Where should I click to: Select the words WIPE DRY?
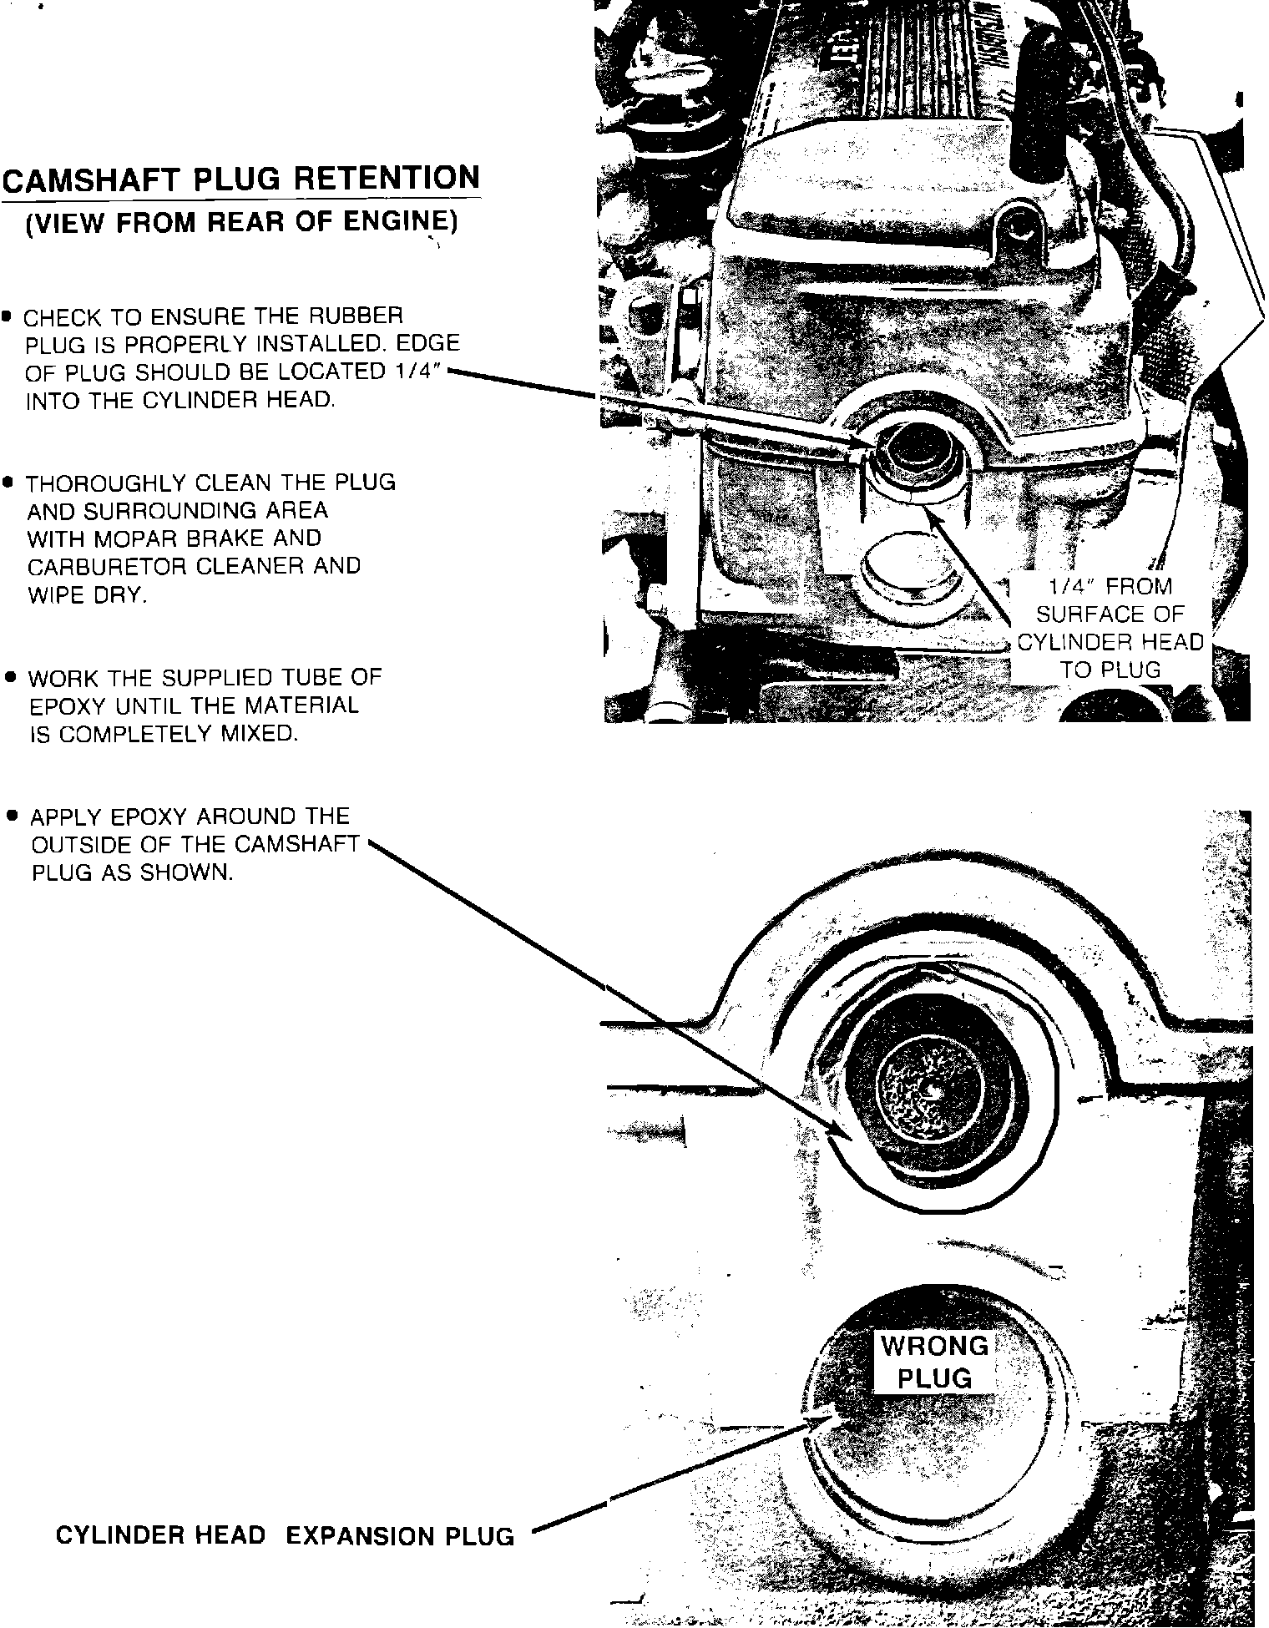point(86,594)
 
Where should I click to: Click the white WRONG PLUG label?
point(934,1362)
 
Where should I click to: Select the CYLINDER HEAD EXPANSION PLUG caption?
point(285,1535)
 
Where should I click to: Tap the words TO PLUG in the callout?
point(1110,670)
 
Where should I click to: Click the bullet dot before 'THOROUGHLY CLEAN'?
point(8,483)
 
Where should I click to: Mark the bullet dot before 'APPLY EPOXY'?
point(11,815)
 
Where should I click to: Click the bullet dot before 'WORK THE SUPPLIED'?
point(10,677)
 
